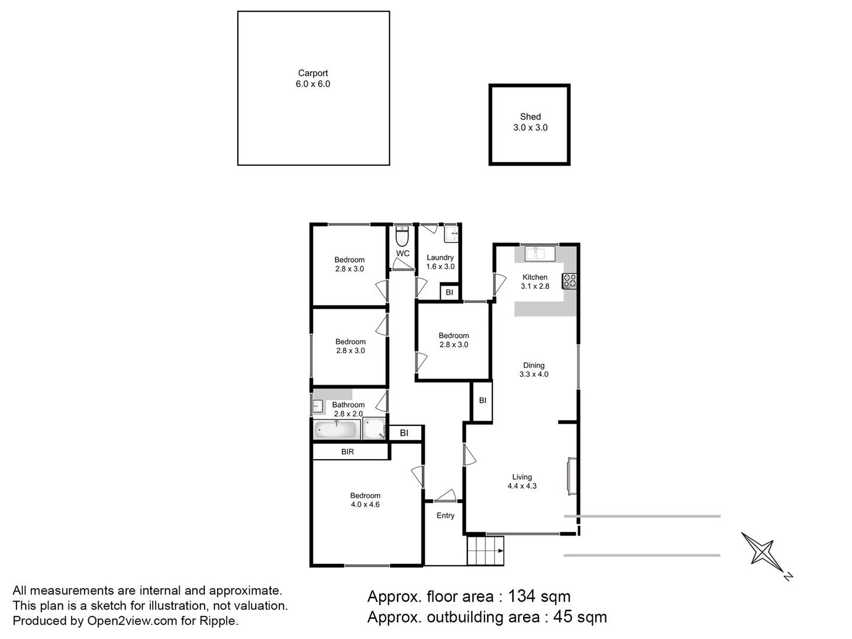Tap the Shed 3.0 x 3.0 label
point(530,122)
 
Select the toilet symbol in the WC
point(402,237)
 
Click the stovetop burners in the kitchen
point(569,280)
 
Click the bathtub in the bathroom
point(336,430)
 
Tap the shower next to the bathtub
point(374,429)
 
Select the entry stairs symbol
point(485,551)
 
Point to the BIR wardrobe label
point(347,451)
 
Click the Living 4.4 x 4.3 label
point(522,481)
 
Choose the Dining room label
point(534,370)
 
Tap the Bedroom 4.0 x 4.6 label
point(365,500)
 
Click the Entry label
point(446,515)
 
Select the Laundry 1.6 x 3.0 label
point(440,262)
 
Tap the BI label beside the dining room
point(482,401)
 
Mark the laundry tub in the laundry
point(451,234)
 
